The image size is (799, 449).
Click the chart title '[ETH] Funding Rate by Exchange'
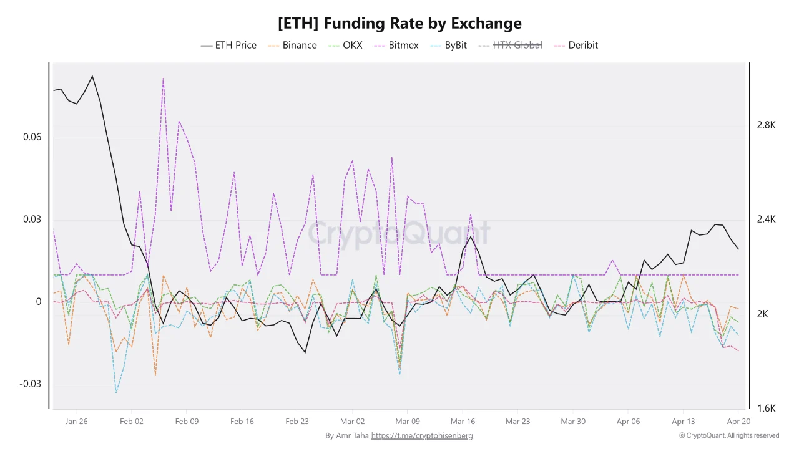pyautogui.click(x=399, y=24)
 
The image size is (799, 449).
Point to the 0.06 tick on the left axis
pyautogui.click(x=32, y=137)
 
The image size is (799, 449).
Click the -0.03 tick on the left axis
pyautogui.click(x=31, y=384)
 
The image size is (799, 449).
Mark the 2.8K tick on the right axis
pyautogui.click(x=766, y=125)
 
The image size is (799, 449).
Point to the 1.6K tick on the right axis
pyautogui.click(x=766, y=408)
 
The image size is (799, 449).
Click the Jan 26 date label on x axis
pyautogui.click(x=76, y=422)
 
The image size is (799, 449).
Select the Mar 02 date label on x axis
pyautogui.click(x=352, y=422)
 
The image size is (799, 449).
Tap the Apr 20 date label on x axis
pyautogui.click(x=738, y=422)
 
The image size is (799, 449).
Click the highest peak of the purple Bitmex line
pyautogui.click(x=163, y=79)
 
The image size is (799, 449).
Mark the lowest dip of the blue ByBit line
pyautogui.click(x=116, y=393)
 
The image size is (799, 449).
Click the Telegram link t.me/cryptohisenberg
pyautogui.click(x=421, y=436)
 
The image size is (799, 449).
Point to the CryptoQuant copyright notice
pyautogui.click(x=729, y=436)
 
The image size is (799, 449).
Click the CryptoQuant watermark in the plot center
pyautogui.click(x=399, y=233)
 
